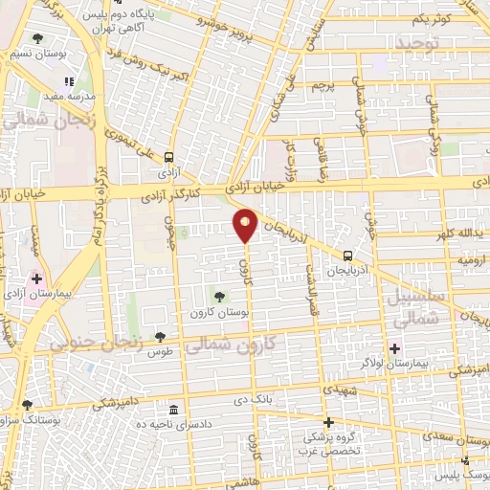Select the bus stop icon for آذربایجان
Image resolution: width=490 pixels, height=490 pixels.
(x=347, y=256)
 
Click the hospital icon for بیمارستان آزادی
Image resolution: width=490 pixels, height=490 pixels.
(x=36, y=279)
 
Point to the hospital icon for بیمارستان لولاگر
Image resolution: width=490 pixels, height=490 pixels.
(x=394, y=348)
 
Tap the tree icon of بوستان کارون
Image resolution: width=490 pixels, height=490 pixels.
(x=219, y=297)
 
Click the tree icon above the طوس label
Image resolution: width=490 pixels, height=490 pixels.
(x=160, y=335)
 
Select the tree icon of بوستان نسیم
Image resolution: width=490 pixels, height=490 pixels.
(x=37, y=39)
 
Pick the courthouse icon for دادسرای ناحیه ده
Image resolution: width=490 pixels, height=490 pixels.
(x=173, y=407)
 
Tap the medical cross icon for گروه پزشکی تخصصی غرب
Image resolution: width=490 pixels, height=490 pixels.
(x=328, y=422)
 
